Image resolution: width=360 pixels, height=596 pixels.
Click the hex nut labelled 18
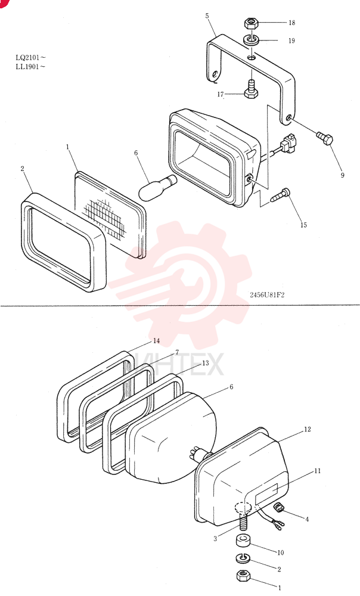point(251,24)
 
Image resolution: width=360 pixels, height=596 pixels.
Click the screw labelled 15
point(281,195)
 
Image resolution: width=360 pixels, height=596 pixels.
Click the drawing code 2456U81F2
point(267,295)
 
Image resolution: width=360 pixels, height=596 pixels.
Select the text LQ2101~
point(30,58)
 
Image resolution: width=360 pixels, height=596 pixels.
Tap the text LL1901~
point(30,67)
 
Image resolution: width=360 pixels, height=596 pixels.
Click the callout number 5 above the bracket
point(207,15)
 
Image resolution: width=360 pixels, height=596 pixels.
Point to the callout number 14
point(156,341)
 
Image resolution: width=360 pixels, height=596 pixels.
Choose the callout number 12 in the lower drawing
point(307,429)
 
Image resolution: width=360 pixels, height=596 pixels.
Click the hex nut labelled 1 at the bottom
point(243,576)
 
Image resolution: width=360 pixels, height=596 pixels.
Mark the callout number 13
point(205,363)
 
